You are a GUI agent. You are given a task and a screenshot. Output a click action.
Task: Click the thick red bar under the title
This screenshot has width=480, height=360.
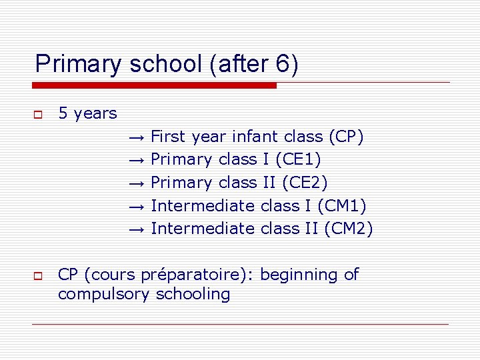154,85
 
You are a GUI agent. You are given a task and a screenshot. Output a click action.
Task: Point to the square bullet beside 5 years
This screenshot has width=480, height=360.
38,115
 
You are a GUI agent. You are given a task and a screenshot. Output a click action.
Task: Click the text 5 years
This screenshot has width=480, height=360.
87,113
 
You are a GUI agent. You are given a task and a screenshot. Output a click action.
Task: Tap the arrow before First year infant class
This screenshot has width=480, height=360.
135,137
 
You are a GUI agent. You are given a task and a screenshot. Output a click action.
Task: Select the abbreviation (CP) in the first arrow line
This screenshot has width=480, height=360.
346,137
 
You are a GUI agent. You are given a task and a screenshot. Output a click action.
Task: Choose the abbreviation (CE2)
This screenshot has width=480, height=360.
305,183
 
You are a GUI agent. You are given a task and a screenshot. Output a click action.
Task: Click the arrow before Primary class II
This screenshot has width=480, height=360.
135,183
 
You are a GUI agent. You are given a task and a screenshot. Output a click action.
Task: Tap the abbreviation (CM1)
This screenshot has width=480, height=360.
342,206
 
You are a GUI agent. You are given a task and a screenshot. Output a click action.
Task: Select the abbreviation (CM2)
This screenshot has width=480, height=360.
348,229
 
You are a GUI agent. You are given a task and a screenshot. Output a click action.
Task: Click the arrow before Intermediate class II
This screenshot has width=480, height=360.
135,229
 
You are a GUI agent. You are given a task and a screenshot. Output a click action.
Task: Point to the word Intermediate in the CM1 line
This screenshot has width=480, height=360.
203,206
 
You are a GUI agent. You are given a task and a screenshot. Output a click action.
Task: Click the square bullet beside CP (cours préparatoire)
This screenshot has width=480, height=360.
38,275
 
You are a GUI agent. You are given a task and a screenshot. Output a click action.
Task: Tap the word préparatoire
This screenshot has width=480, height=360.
207,275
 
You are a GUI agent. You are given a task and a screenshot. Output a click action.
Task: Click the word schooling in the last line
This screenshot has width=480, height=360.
193,295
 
